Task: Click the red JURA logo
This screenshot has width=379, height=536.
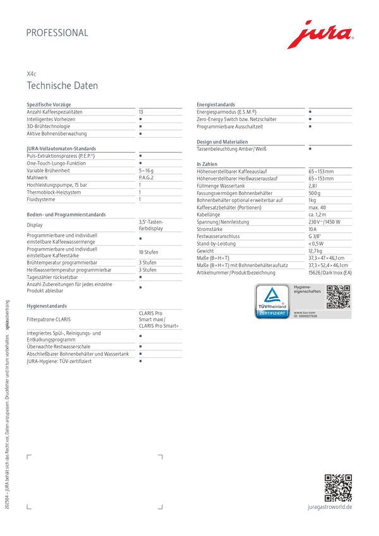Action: (x=320, y=35)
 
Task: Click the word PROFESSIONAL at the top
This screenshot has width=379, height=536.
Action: (x=57, y=33)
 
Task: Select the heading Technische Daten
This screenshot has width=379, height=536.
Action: (x=62, y=86)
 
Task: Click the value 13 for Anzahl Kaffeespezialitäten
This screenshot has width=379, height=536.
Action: (x=141, y=112)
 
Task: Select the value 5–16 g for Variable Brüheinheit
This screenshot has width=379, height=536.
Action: (x=147, y=170)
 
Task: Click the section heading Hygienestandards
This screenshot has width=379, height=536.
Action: (x=47, y=306)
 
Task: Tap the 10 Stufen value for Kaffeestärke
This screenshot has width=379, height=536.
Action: (x=148, y=252)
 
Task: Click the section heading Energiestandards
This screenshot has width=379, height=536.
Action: (x=216, y=105)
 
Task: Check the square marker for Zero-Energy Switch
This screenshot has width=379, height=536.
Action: (x=310, y=119)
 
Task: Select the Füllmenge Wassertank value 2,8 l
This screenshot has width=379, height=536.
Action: (x=313, y=186)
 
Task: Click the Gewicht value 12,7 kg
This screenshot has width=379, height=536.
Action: (x=315, y=251)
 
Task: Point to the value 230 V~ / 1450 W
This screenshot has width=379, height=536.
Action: (x=324, y=222)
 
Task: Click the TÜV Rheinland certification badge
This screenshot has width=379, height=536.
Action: (x=272, y=302)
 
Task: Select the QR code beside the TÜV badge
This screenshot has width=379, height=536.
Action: (x=338, y=297)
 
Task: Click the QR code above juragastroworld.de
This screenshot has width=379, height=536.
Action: (x=338, y=487)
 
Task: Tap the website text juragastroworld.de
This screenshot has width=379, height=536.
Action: (x=330, y=507)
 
